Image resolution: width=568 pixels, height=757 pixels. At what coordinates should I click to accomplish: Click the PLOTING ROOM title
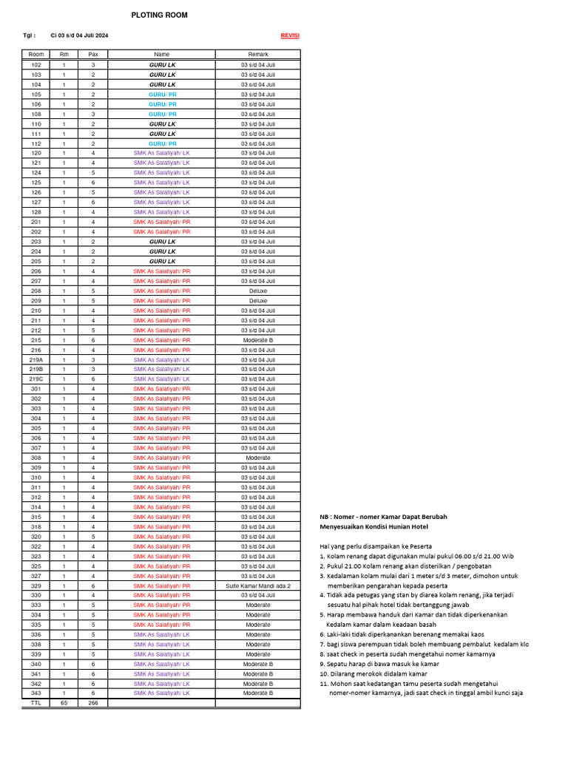pos(159,15)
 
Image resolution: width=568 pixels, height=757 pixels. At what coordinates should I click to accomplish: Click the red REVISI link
pos(290,35)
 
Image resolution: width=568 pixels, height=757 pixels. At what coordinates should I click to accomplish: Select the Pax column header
pos(93,55)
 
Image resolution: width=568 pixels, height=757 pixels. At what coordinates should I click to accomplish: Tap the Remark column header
pos(258,55)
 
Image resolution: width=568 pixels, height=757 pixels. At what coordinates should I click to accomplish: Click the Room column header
pos(35,55)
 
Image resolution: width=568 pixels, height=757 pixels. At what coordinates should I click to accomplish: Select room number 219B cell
pos(35,369)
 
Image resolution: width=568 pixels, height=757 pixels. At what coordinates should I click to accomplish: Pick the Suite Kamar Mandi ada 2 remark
pos(258,585)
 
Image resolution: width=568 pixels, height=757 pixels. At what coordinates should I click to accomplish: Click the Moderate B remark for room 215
pos(258,340)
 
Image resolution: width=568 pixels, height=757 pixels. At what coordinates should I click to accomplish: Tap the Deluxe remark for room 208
pos(258,291)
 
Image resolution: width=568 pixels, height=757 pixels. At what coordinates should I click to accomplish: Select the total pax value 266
pos(93,703)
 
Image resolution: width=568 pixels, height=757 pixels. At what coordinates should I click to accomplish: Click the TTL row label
pos(35,703)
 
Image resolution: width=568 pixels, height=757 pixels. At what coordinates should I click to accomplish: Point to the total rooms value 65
pos(64,703)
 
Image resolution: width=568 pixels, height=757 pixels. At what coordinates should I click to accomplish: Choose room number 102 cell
pos(35,65)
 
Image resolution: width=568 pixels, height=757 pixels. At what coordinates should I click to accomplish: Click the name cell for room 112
pos(162,143)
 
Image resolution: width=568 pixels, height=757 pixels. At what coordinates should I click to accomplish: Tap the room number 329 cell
pos(35,585)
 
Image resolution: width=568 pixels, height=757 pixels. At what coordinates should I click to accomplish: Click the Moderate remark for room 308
pos(258,458)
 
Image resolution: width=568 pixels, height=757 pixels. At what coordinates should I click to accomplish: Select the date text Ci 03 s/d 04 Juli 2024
pos(79,35)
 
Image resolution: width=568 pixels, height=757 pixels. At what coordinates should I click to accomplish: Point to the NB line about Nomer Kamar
pos(383,517)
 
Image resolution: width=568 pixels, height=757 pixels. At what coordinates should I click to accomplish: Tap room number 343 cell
pos(35,693)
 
